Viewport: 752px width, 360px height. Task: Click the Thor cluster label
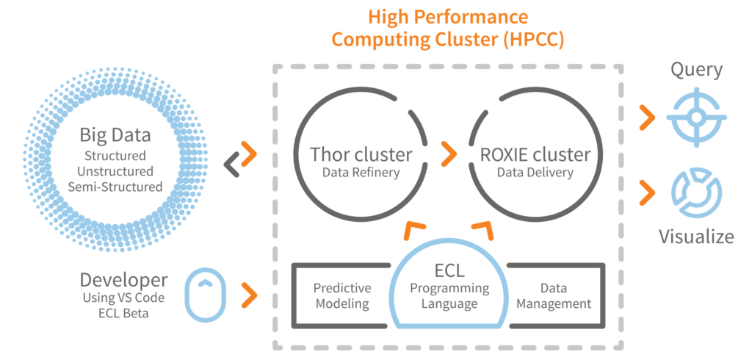[361, 155]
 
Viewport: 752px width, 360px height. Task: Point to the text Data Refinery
[360, 173]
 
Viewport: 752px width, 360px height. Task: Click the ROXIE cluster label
[535, 155]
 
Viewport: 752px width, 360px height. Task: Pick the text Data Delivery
[535, 173]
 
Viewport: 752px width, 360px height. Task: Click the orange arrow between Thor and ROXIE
[447, 154]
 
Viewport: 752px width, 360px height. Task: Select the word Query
[696, 71]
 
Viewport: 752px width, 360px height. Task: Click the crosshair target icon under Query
[695, 116]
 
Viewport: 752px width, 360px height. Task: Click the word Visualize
[695, 237]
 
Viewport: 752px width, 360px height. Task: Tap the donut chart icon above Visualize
[695, 193]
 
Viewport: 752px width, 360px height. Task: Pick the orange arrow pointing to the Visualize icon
[646, 192]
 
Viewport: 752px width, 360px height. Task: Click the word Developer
[123, 280]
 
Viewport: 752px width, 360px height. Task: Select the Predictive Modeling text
[342, 295]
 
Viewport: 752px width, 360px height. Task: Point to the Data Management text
[554, 295]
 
